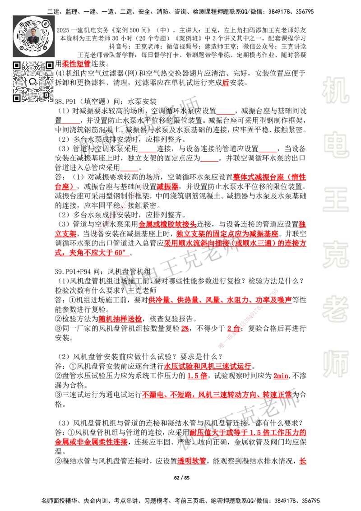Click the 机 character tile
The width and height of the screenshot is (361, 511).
[335, 90]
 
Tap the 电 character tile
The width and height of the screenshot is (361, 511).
[337, 144]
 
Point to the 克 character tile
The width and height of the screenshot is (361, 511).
[335, 255]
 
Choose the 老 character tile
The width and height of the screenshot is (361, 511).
[335, 309]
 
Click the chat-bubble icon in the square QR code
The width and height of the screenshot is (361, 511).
[33, 82]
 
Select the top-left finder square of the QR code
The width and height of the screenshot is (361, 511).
[17, 65]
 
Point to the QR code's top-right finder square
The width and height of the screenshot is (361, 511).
[49, 65]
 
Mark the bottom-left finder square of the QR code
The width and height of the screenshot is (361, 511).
[17, 98]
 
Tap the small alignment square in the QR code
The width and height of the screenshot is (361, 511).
[46, 95]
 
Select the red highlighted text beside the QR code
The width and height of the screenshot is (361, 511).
[76, 64]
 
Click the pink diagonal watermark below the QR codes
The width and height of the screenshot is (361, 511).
[128, 203]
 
